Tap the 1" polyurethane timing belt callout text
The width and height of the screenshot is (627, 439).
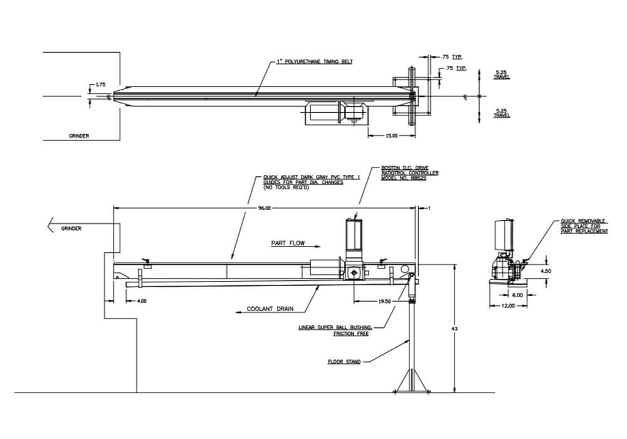[314, 62]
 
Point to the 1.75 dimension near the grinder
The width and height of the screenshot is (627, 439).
[100, 84]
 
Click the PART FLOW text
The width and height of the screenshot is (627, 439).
[288, 242]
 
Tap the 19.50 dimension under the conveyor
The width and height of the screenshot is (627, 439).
[383, 301]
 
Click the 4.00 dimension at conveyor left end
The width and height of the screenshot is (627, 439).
[142, 301]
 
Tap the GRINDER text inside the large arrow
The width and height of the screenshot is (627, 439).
[71, 229]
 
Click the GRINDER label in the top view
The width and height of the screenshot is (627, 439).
[79, 135]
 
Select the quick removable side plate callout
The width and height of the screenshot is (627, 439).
[584, 226]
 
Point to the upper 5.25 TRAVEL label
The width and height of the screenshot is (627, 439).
[502, 75]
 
